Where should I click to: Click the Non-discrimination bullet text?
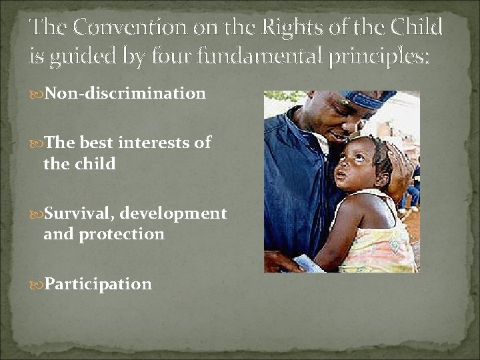(x=125, y=93)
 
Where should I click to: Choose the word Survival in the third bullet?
(x=77, y=214)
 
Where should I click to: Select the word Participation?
(x=98, y=284)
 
